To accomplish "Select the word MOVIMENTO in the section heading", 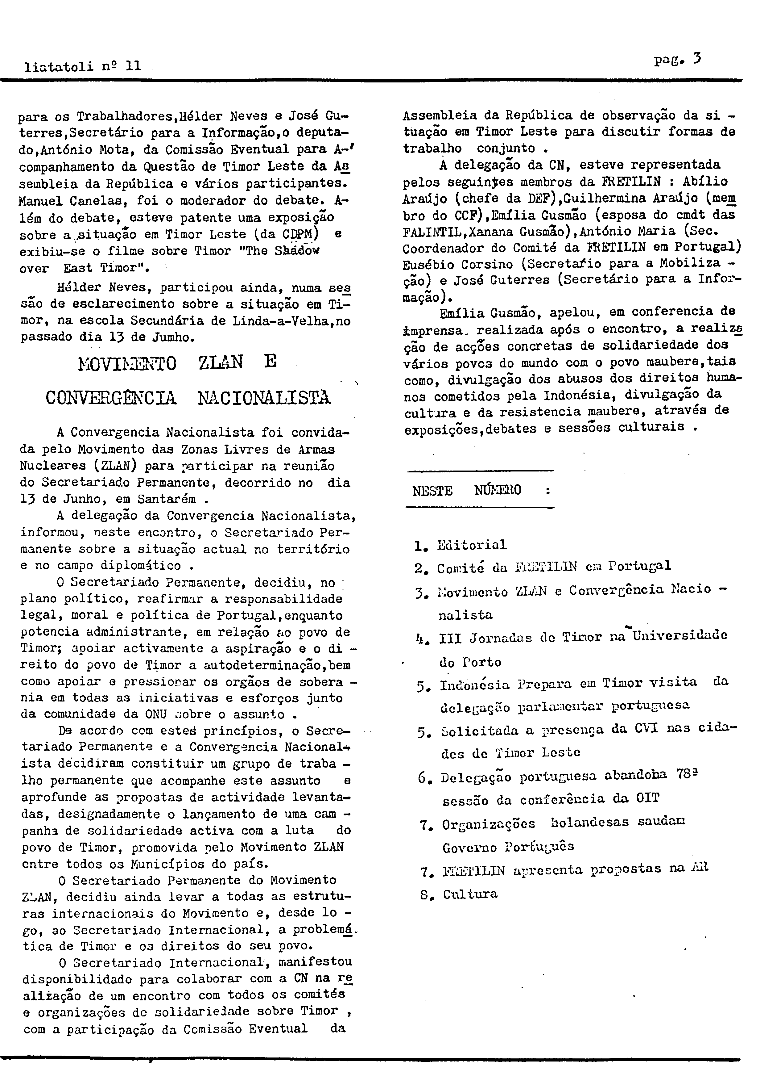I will coord(128,363).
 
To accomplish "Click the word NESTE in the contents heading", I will coord(432,491).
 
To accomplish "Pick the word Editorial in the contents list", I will coord(471,545).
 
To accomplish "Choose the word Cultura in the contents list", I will coord(470,894).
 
